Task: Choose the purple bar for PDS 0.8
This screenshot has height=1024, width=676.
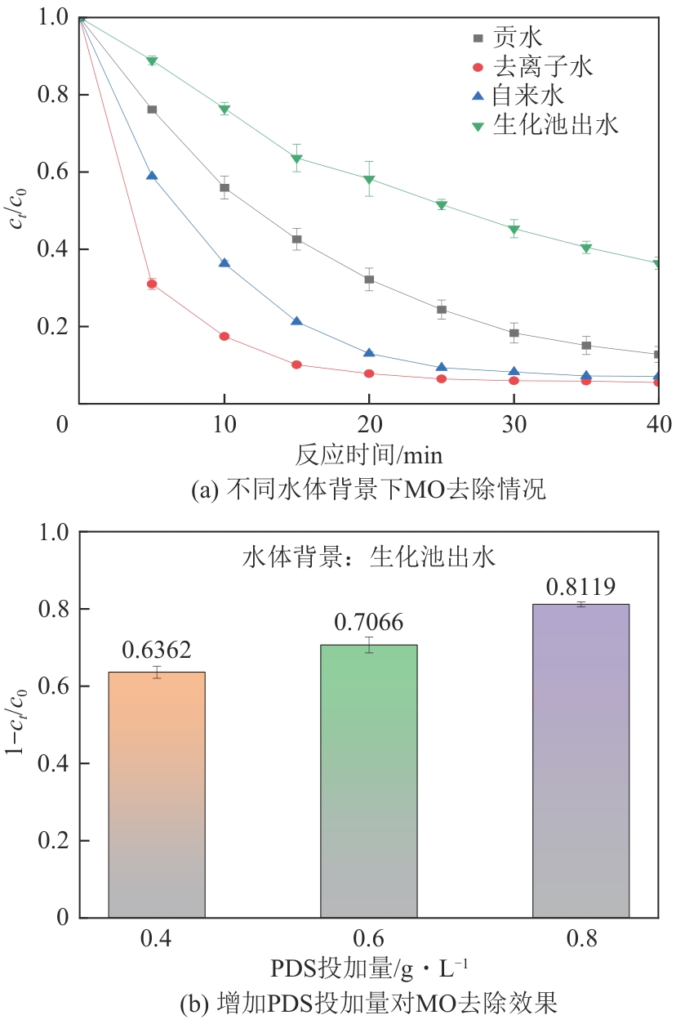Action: tap(580, 760)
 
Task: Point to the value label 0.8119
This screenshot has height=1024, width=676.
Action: tap(580, 586)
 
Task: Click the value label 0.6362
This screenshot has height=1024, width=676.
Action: tap(157, 651)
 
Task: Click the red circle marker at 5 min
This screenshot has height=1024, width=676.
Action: tap(152, 284)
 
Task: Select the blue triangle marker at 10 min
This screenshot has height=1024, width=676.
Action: tap(225, 263)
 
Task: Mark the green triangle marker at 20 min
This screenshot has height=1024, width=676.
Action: tap(369, 180)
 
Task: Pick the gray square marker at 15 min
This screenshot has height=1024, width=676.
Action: tap(297, 239)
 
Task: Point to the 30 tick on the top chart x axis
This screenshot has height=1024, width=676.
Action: tap(514, 423)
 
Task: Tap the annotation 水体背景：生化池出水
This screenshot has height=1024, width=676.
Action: tap(369, 557)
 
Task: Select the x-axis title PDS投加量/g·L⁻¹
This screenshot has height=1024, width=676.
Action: tap(369, 968)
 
